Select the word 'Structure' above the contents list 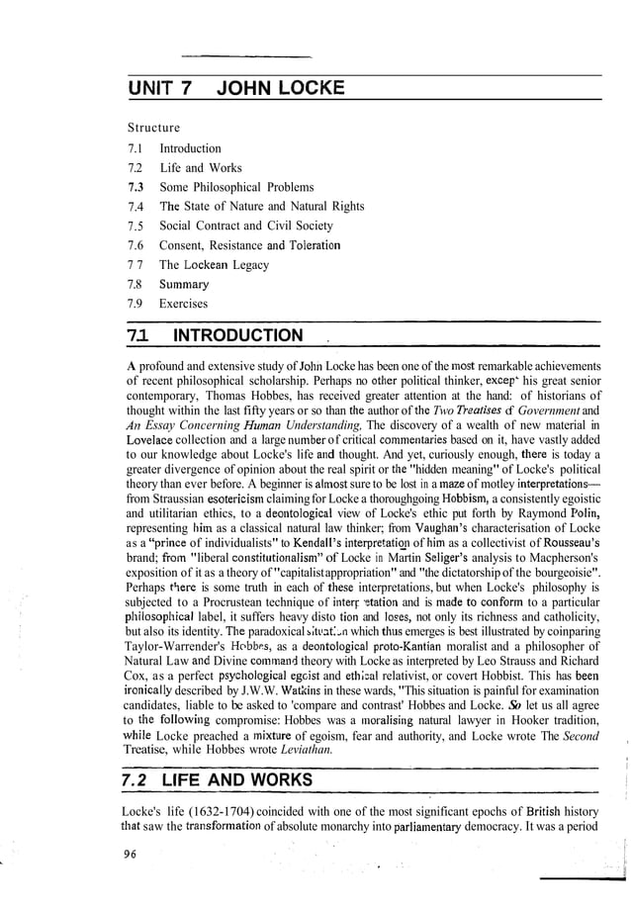[153, 129]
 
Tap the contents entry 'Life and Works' [200, 167]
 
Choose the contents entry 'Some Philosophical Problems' [236, 187]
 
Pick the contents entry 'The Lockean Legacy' [214, 265]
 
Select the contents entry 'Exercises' [184, 304]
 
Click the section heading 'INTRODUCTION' [237, 335]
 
